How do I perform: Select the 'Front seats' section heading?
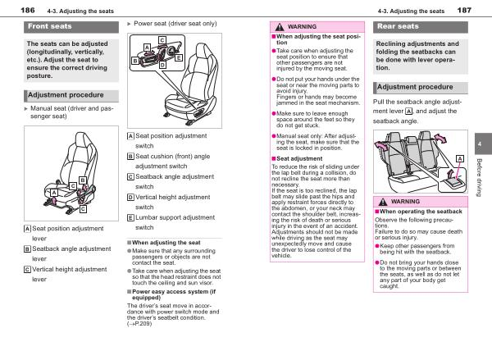tap(50, 27)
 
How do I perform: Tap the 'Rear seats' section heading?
tap(396, 27)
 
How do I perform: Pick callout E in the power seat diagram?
tap(179, 58)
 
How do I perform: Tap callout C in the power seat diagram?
tap(162, 40)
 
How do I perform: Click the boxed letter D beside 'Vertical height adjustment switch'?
tap(131, 197)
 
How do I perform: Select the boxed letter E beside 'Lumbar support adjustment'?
tap(131, 216)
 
